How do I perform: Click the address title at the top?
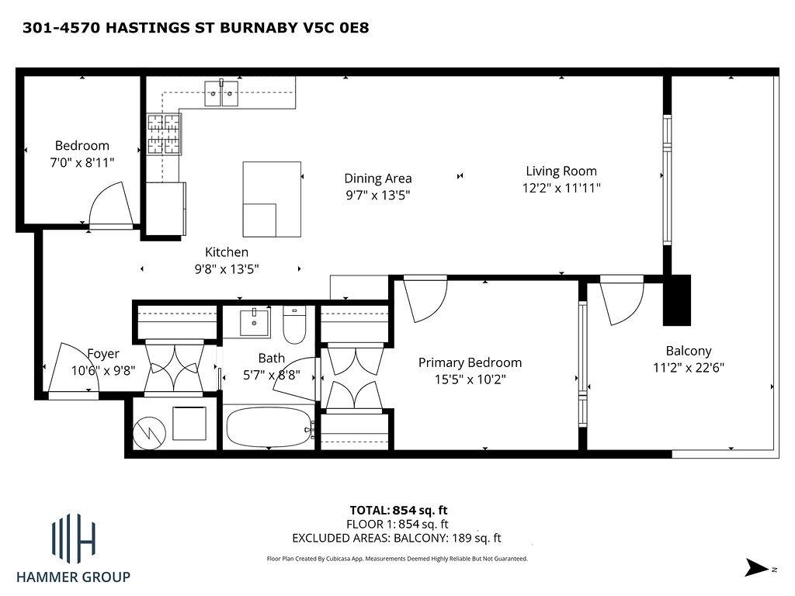point(196,28)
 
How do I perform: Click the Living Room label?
point(561,172)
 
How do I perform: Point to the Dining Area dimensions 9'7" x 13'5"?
point(377,196)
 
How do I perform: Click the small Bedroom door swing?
point(108,205)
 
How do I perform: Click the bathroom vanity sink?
point(255,321)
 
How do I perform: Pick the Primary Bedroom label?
point(470,362)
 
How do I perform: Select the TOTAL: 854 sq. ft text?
point(398,510)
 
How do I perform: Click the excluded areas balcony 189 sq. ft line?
point(396,538)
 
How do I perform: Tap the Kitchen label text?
point(227,252)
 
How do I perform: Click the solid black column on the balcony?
point(676,300)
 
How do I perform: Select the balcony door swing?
point(623,301)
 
